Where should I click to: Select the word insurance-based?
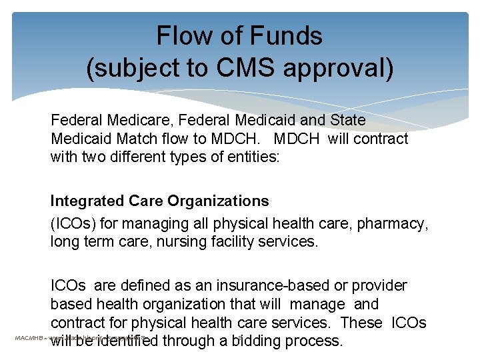point(262,286)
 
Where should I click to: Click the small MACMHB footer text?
point(29,339)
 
